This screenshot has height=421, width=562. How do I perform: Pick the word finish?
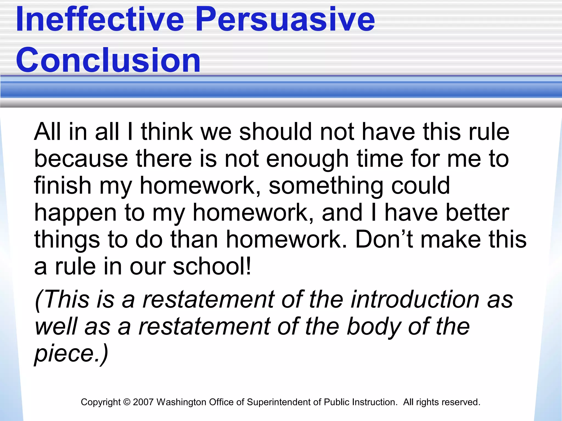[63, 186]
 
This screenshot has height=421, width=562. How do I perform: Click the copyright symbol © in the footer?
[127, 402]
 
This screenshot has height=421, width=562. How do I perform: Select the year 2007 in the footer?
[143, 402]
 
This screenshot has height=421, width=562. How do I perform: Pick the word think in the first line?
[167, 132]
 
